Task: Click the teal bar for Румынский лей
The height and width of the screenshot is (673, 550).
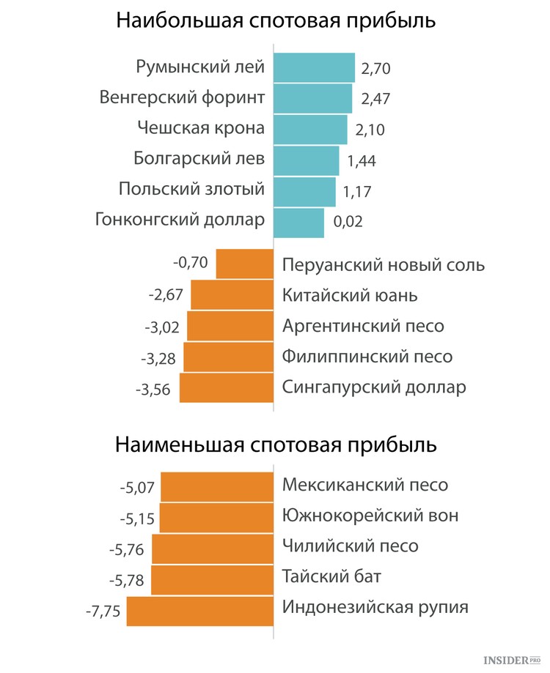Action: (x=314, y=67)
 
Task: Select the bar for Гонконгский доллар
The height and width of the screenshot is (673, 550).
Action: (x=298, y=223)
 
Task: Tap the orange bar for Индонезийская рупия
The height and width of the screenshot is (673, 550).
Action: (x=199, y=611)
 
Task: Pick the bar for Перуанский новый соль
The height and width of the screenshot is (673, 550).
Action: (x=244, y=264)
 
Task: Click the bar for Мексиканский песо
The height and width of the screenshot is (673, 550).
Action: (x=217, y=487)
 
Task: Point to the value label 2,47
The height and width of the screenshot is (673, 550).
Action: (x=375, y=99)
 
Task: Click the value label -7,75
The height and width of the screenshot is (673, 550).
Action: (x=103, y=611)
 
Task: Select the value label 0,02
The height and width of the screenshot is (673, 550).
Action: (x=348, y=221)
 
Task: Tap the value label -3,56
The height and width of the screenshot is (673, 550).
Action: (x=153, y=390)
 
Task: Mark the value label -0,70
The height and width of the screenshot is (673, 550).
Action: (x=191, y=262)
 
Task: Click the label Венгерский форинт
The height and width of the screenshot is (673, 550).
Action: (x=182, y=98)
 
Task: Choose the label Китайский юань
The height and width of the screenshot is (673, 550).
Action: (x=350, y=295)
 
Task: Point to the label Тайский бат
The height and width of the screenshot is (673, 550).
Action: (x=331, y=576)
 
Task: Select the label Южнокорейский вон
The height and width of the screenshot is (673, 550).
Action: (x=370, y=515)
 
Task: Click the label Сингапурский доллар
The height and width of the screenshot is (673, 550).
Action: (x=374, y=387)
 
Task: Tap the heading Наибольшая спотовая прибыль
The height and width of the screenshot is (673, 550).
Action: (x=276, y=21)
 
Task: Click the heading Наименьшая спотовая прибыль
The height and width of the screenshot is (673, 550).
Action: (x=276, y=445)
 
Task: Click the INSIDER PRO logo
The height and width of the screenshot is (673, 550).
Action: (x=511, y=660)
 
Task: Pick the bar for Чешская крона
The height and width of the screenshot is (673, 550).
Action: (x=310, y=130)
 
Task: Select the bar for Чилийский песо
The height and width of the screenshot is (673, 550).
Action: (x=213, y=549)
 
